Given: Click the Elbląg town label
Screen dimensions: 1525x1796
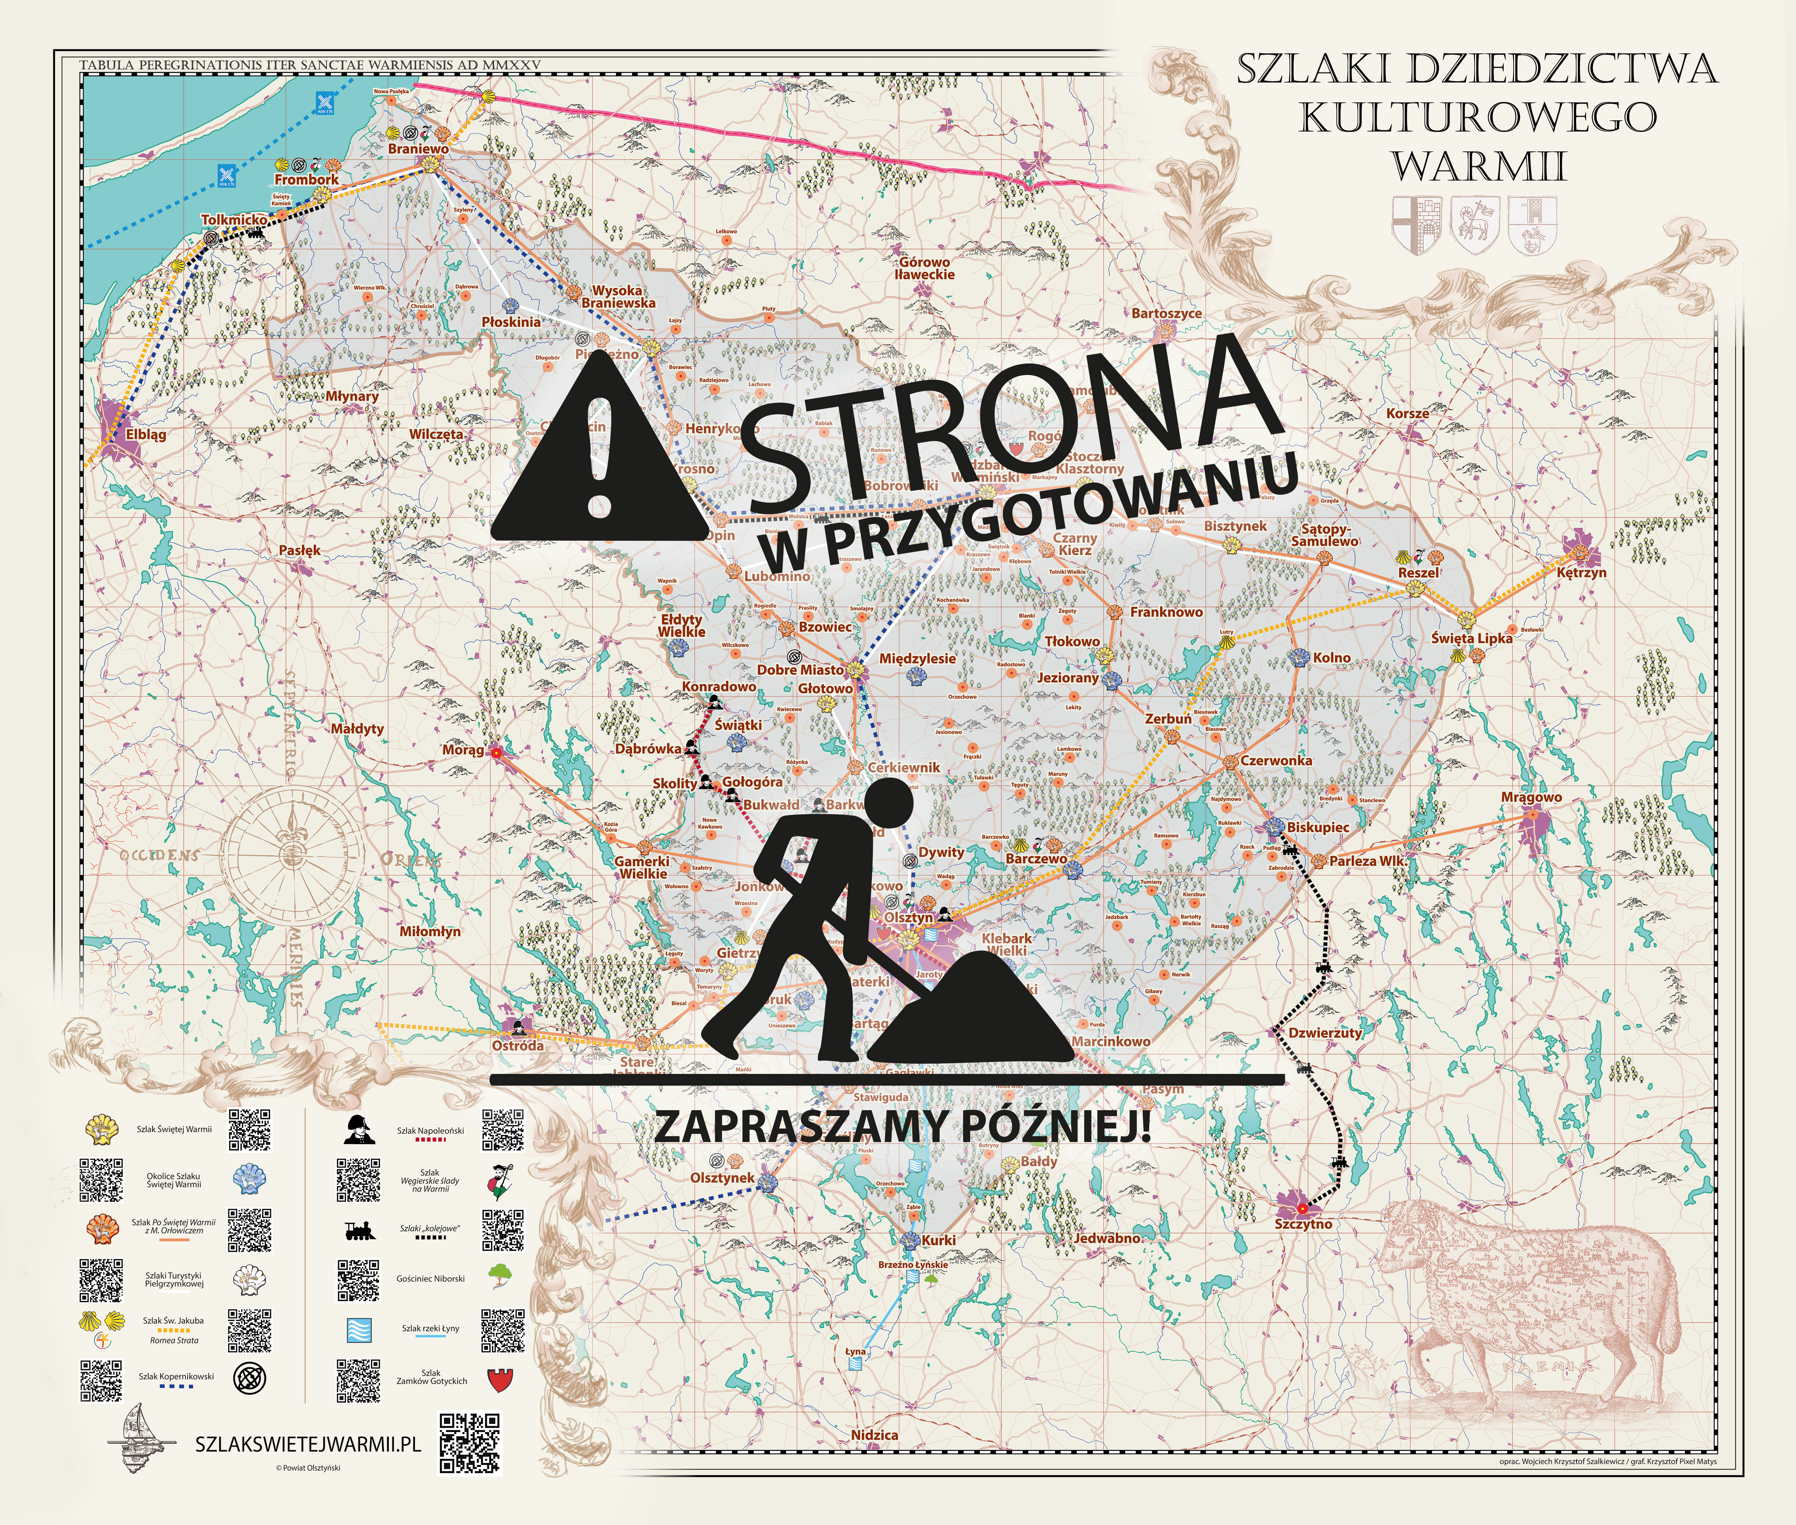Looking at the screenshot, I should point(145,435).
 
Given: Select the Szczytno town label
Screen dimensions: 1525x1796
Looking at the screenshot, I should point(1303,1224).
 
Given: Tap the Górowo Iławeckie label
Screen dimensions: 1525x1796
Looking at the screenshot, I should point(925,268).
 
